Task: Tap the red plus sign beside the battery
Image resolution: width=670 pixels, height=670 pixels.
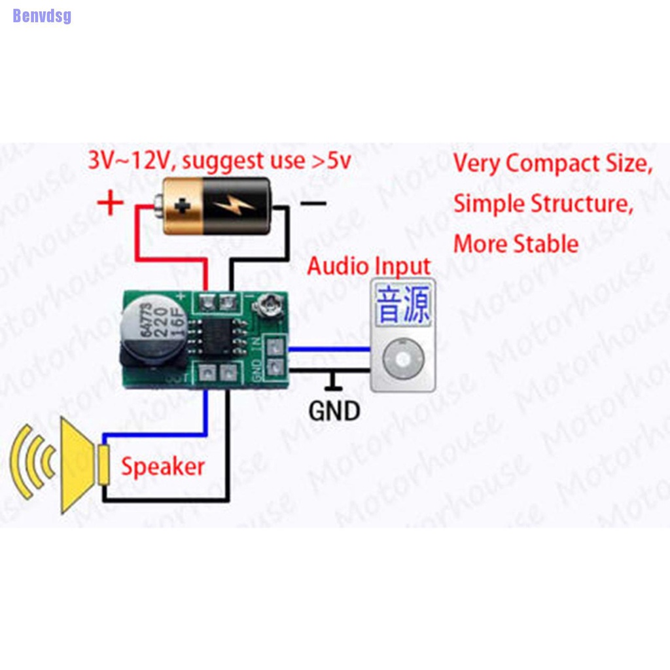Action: point(111,203)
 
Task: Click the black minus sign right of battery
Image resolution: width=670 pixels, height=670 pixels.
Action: point(313,203)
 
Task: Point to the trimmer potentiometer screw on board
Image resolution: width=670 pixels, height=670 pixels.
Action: point(266,304)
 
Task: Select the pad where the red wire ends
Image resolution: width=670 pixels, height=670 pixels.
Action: point(208,303)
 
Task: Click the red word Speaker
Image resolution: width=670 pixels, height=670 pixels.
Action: point(162,467)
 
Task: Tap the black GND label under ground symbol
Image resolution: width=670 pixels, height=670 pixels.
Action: point(334,411)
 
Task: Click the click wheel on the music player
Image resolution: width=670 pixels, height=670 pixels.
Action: point(402,359)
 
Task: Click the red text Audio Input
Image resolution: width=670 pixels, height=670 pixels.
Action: point(369,266)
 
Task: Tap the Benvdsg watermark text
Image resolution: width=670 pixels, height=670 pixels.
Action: point(42,16)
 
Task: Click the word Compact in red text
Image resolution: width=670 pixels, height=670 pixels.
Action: point(552,163)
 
